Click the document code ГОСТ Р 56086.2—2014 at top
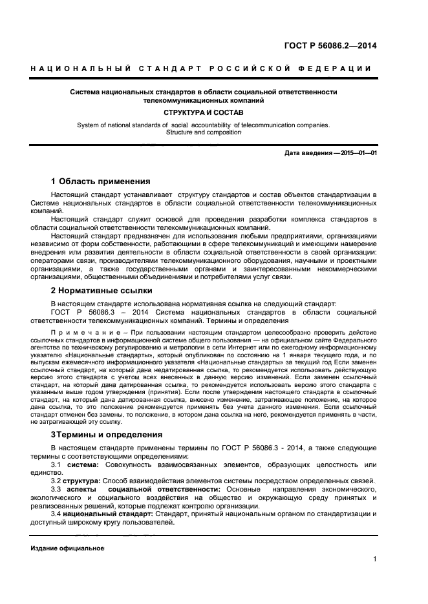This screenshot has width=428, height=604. coord(331,46)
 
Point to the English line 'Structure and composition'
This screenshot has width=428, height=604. coord(204,132)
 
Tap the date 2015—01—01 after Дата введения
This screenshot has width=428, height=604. coord(358,153)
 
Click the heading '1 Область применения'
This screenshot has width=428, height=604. coord(100,182)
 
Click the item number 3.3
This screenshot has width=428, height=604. coord(56,490)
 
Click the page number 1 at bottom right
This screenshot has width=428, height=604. coord(374,560)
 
